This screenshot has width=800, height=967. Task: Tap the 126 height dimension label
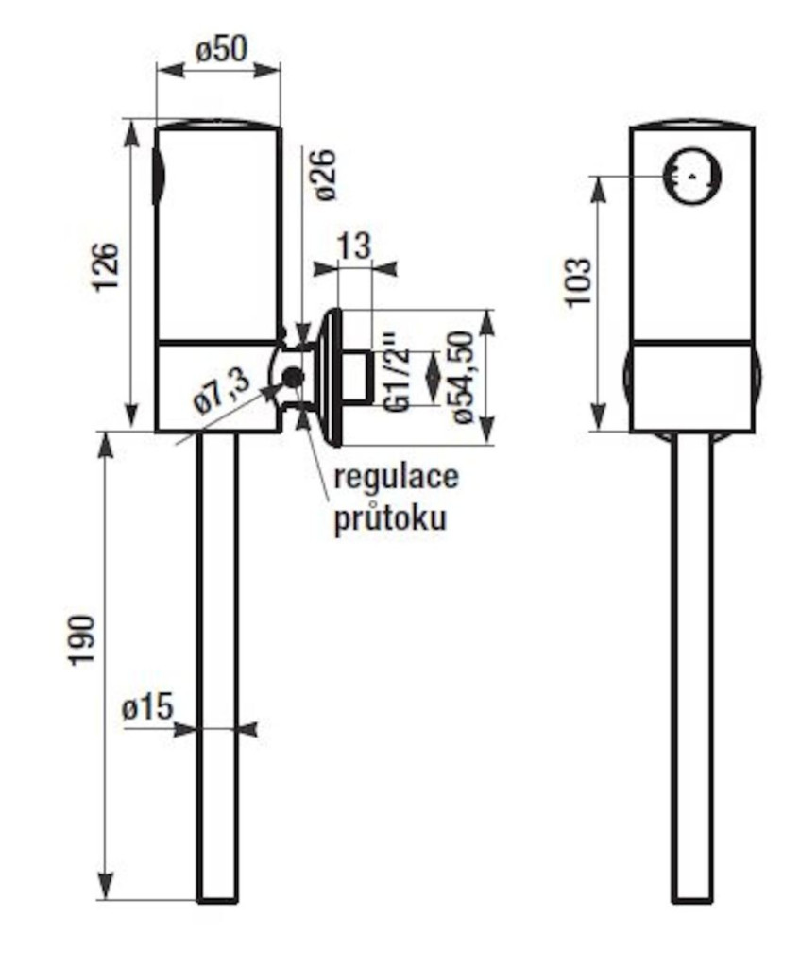click(x=106, y=267)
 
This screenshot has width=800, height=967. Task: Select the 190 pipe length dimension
click(x=82, y=639)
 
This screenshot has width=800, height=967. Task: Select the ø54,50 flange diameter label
click(x=460, y=377)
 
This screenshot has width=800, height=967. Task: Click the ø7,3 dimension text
click(x=221, y=389)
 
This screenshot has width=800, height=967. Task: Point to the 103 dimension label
click(x=578, y=281)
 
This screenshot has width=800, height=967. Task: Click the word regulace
click(x=396, y=476)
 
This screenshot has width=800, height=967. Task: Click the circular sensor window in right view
click(x=692, y=177)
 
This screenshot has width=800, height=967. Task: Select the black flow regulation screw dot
click(x=292, y=378)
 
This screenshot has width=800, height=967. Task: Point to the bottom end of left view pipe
click(x=217, y=897)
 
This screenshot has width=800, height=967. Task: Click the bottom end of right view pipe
click(x=692, y=897)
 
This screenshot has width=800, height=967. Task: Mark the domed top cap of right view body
click(x=692, y=125)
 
